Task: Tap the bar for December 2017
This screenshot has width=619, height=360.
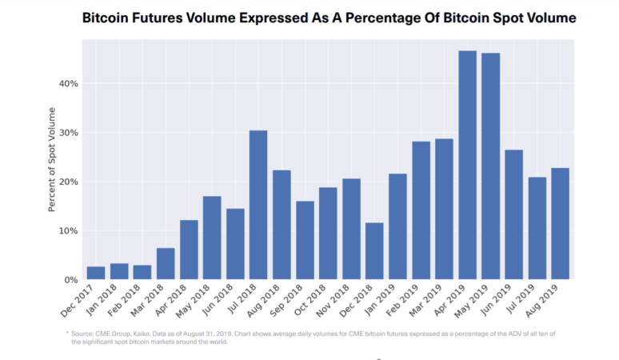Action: pyautogui.click(x=96, y=273)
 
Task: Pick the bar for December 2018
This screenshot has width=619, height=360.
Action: pyautogui.click(x=374, y=251)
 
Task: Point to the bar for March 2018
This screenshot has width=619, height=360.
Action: pyautogui.click(x=166, y=264)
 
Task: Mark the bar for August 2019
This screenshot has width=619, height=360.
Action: pyautogui.click(x=560, y=224)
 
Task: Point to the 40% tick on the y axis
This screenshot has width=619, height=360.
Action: pyautogui.click(x=66, y=83)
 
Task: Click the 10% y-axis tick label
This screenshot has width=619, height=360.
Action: pyautogui.click(x=66, y=230)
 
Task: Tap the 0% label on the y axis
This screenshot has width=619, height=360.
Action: pyautogui.click(x=69, y=280)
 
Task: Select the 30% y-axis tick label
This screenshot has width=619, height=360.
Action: pyautogui.click(x=66, y=133)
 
